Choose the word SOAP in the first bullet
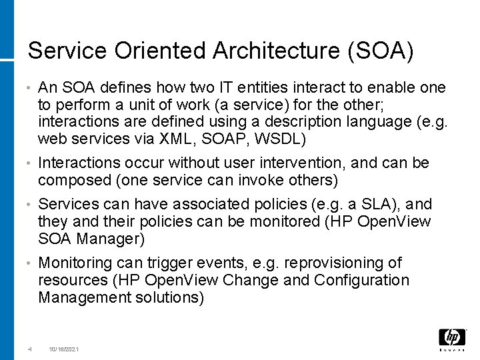click(233, 138)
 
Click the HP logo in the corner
click(452, 338)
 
